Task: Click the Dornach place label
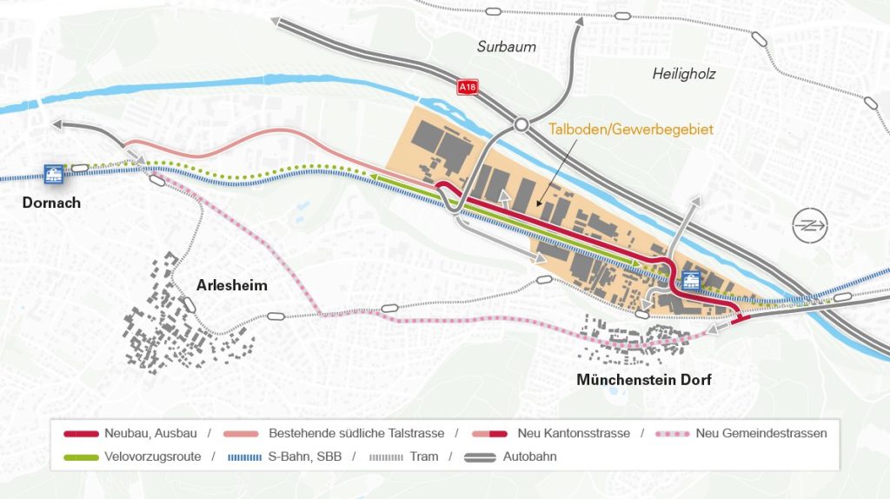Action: pos(52,203)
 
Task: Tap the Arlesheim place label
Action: pos(232,285)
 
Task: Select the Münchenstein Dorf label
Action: pos(644,379)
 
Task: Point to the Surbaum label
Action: pos(507,46)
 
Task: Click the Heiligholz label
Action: pos(684,74)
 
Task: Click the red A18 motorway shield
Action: pos(468,88)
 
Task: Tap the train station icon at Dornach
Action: pos(55,174)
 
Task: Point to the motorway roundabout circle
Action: pos(521,125)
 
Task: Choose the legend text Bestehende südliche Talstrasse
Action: pos(356,433)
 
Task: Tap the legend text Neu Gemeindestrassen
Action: pos(761,433)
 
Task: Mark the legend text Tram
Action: pos(424,456)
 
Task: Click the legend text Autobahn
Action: pos(529,456)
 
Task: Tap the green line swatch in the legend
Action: pos(81,456)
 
